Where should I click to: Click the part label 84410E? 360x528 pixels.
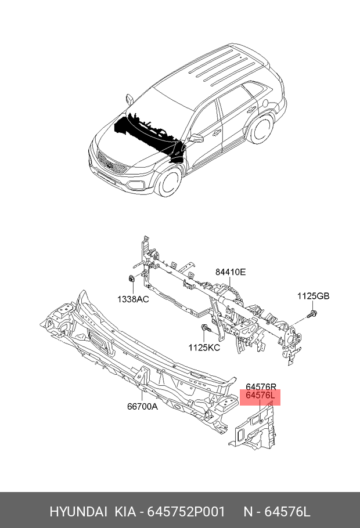coord(231,272)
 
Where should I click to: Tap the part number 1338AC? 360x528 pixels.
coord(133,299)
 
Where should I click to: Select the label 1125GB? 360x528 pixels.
coord(313,296)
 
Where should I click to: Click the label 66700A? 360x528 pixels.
coord(142,406)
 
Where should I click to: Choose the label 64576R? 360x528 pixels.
coord(260,387)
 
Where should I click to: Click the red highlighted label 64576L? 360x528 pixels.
coord(260,397)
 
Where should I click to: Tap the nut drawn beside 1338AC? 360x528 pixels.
coord(132,280)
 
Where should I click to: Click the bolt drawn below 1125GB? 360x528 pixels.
coord(313,314)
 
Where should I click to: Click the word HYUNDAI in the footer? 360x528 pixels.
coord(78,512)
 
